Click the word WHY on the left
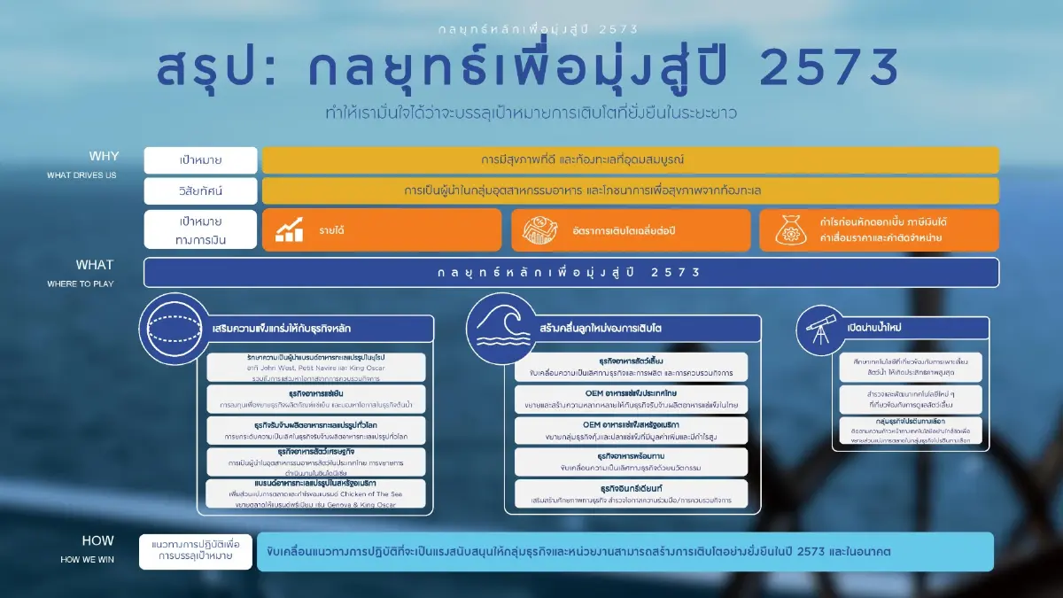pos(104,157)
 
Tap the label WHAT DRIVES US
pos(81,175)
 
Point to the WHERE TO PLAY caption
pos(81,283)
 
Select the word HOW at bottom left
pos(98,540)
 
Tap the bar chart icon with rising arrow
pos(289,230)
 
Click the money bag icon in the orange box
pos(790,230)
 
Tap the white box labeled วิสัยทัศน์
pos(200,190)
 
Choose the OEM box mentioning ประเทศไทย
pos(630,398)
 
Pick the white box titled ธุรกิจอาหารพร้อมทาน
pos(630,461)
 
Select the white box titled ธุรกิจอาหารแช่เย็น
pos(316,398)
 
